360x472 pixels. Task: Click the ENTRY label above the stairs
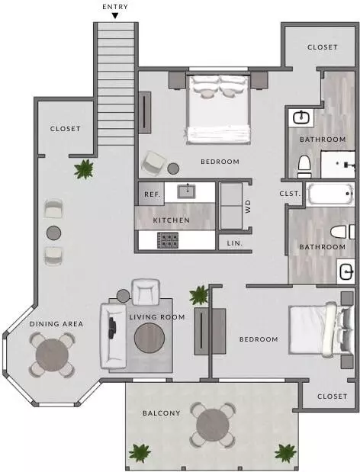115,7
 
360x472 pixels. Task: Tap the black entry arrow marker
115,15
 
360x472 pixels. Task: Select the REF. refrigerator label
153,194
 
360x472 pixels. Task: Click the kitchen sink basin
187,191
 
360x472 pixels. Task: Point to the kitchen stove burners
168,240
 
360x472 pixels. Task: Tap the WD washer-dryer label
248,207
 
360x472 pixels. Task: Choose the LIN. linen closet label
235,243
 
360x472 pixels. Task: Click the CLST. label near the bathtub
290,194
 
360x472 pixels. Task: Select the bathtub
330,194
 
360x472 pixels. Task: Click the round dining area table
52,355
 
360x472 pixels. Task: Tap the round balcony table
213,425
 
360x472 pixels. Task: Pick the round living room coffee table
149,338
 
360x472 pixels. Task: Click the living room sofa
113,336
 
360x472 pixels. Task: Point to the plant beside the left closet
84,169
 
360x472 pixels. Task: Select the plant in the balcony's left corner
140,454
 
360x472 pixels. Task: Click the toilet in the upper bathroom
304,166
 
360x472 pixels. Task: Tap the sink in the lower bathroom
346,271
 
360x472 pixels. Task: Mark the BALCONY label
162,413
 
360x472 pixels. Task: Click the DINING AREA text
56,324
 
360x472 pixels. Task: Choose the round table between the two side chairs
54,233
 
